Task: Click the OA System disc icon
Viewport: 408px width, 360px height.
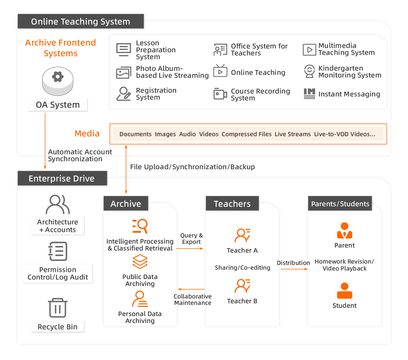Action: (x=58, y=81)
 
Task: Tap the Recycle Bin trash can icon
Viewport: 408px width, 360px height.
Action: (x=58, y=308)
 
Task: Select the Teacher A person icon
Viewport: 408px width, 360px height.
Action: (x=242, y=235)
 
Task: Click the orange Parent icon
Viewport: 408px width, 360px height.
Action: (x=345, y=230)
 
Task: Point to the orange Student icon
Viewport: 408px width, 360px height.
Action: (x=345, y=291)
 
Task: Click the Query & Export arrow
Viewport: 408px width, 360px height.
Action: (x=190, y=249)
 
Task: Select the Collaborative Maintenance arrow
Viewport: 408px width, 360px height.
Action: (x=191, y=289)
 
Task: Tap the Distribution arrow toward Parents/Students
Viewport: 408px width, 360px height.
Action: (x=294, y=269)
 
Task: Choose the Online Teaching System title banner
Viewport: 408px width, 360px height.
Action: (x=81, y=21)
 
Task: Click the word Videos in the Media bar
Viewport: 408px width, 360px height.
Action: (x=209, y=134)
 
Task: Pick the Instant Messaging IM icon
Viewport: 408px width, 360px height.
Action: (x=309, y=94)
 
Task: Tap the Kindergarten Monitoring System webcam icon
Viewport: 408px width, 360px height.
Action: (x=309, y=71)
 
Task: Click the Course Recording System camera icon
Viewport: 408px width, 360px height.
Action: (x=220, y=94)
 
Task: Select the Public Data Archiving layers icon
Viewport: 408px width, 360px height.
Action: (x=140, y=262)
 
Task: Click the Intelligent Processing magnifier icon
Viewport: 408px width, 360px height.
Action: (x=140, y=226)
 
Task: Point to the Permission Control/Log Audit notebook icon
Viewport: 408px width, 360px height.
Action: (x=58, y=251)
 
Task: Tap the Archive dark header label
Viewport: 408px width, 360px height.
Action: (x=126, y=204)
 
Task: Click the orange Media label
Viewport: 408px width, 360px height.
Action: (x=87, y=134)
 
